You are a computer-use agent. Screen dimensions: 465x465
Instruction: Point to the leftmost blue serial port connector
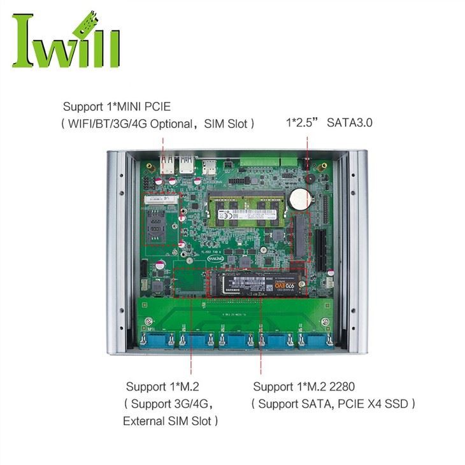click(x=155, y=341)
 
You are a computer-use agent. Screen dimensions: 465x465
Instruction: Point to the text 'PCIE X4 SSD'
click(x=375, y=403)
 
